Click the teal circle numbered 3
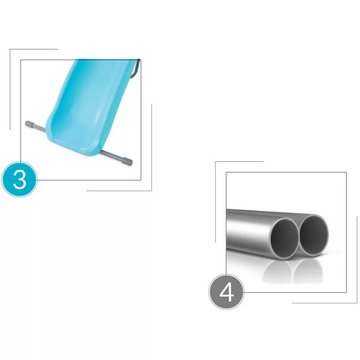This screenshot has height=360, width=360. point(19,179)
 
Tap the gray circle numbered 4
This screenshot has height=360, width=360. point(227,292)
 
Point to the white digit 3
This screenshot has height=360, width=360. point(19,180)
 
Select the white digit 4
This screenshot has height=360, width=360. point(227,292)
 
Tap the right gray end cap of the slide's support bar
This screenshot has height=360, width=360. point(129,161)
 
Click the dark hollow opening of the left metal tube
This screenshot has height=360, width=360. point(284,238)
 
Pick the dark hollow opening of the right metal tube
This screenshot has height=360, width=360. point(313,235)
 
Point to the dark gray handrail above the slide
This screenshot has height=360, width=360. point(135,69)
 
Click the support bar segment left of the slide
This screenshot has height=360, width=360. point(40,127)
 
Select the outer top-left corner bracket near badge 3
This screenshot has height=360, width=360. point(10,49)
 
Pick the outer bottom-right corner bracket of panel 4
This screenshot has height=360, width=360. point(357,303)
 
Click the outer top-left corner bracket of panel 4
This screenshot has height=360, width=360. point(215,161)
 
